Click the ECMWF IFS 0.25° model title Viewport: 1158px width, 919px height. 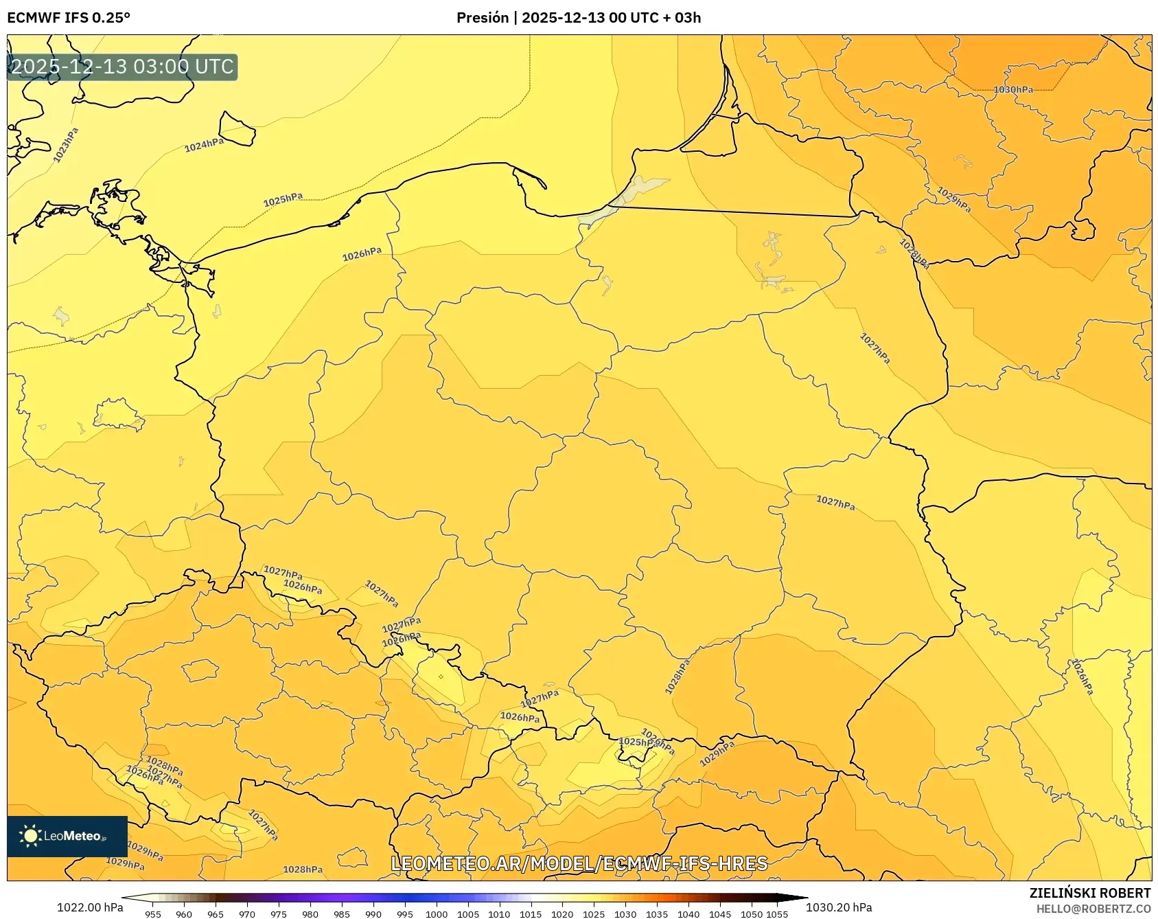click(x=68, y=18)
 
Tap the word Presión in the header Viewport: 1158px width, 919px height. click(x=483, y=18)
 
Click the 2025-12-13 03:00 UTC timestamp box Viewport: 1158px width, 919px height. click(x=122, y=67)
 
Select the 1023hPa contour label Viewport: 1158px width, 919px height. click(x=66, y=145)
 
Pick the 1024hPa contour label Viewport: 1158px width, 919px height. click(x=204, y=145)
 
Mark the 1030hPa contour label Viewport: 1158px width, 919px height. click(x=1012, y=90)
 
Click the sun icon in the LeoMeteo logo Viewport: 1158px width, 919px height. click(x=30, y=836)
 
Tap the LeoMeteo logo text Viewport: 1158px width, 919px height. click(x=75, y=837)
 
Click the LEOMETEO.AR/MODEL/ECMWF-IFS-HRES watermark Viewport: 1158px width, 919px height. click(x=579, y=863)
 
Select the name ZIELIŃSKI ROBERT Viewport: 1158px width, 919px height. click(x=1090, y=893)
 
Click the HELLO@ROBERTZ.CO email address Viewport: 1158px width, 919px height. click(x=1093, y=909)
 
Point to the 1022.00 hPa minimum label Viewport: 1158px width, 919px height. click(x=90, y=908)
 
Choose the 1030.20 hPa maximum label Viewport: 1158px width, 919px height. click(x=839, y=908)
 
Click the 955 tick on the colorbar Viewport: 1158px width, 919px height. click(x=153, y=914)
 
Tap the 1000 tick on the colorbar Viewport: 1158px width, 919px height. click(x=437, y=914)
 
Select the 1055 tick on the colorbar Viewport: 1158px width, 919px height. click(x=777, y=914)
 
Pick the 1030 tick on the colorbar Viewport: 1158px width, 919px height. click(x=625, y=914)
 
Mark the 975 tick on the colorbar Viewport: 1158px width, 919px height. click(x=279, y=914)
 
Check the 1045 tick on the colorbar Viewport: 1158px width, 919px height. click(x=720, y=914)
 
